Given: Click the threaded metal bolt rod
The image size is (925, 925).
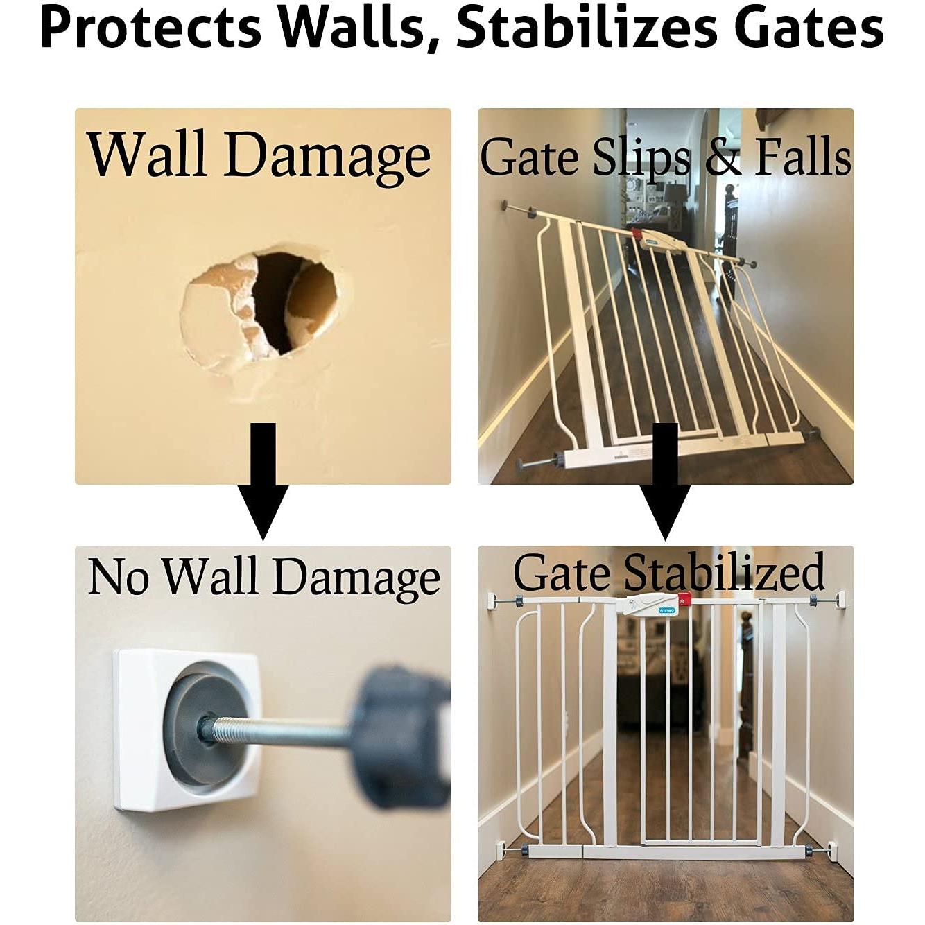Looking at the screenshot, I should tap(277, 732).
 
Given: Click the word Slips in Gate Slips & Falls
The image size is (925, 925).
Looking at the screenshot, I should tap(641, 158).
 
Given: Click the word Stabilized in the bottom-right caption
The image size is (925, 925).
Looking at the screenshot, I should tap(724, 574).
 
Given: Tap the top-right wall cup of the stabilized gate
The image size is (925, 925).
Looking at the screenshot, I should tap(840, 598).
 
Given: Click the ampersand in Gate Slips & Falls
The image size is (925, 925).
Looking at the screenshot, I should tap(723, 158).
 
